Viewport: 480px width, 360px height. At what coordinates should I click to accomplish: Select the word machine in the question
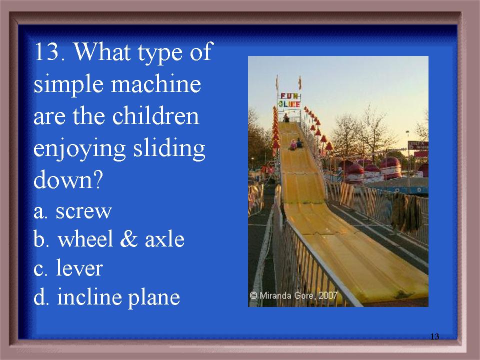click(x=156, y=84)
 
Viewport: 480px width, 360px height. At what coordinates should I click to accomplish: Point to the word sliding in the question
click(x=169, y=149)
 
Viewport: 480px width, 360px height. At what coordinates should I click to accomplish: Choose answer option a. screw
click(x=72, y=211)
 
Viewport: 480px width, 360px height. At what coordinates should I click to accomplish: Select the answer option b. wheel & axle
click(x=109, y=239)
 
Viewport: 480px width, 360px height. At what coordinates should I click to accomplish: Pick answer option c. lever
click(x=68, y=268)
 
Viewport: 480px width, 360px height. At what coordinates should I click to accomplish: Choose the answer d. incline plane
click(x=106, y=297)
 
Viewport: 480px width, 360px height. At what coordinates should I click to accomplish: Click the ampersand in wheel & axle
click(x=129, y=239)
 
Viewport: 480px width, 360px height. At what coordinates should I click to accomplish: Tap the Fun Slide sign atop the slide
click(x=289, y=100)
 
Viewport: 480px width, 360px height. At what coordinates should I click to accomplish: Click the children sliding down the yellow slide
click(x=296, y=144)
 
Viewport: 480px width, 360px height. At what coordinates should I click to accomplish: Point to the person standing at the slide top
click(x=286, y=118)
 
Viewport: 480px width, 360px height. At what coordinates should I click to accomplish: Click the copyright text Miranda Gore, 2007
click(x=293, y=295)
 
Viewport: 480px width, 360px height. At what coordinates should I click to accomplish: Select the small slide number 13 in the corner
click(x=434, y=336)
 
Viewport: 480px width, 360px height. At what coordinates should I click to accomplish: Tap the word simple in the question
click(x=68, y=85)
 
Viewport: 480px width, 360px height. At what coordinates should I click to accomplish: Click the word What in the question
click(x=102, y=51)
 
